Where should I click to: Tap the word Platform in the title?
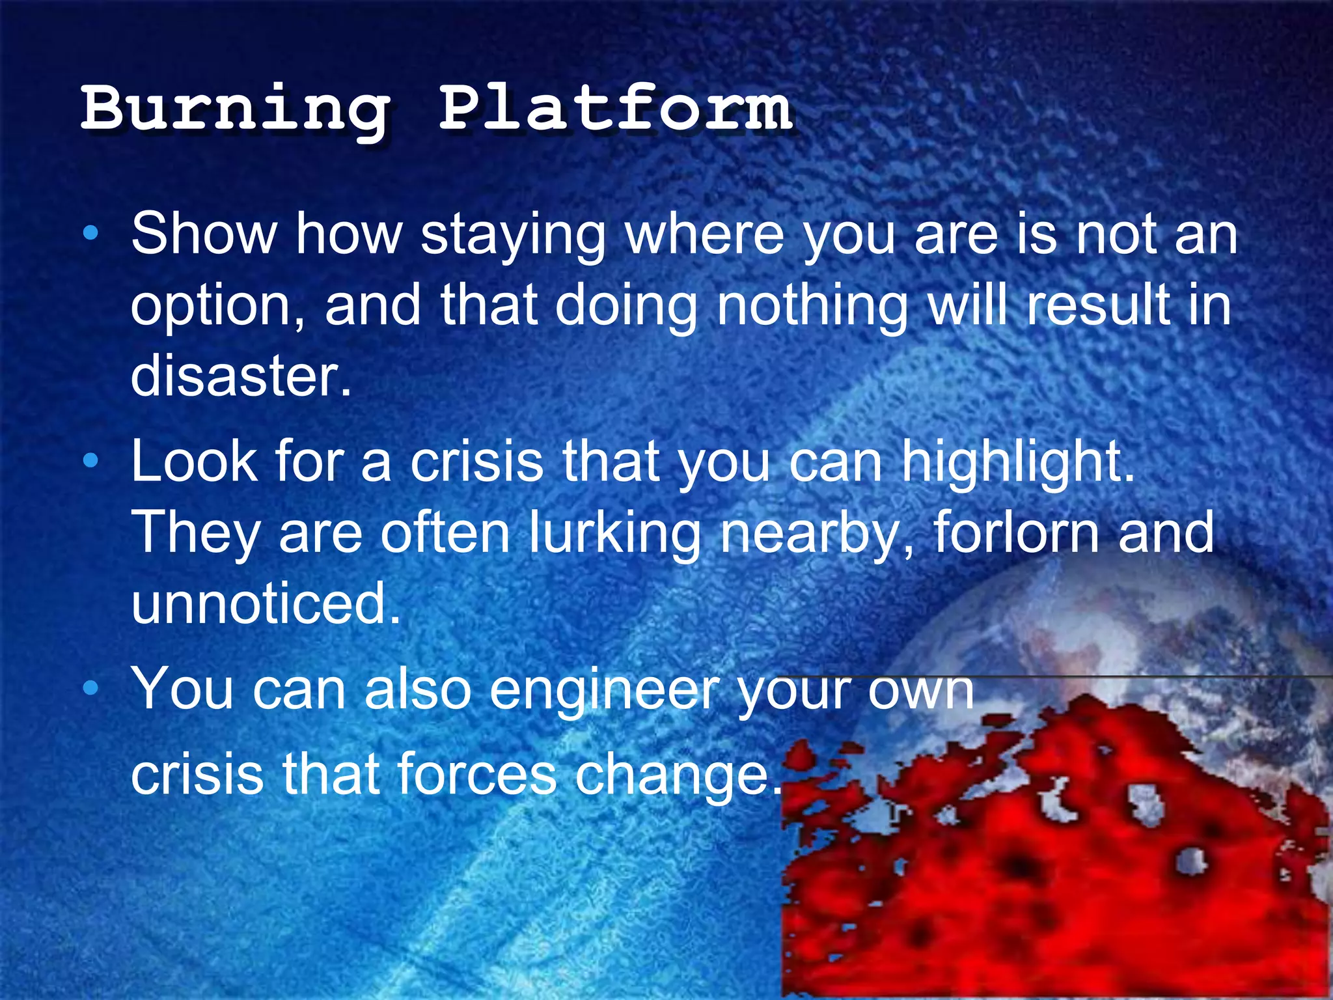(616, 107)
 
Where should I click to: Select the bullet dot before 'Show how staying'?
(91, 232)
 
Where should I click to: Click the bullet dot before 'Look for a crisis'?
(91, 461)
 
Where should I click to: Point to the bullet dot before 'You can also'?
(91, 687)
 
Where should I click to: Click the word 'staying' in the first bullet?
(513, 236)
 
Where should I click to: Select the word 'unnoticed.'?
(266, 603)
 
